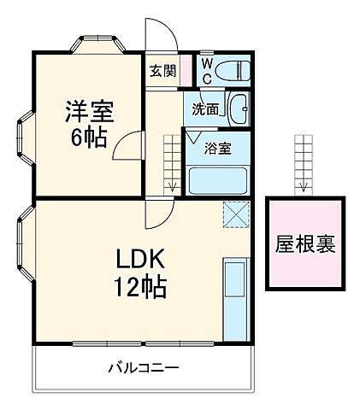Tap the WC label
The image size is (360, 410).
point(207,72)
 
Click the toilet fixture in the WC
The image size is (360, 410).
point(232,71)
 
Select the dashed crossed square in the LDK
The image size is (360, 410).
point(234,214)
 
